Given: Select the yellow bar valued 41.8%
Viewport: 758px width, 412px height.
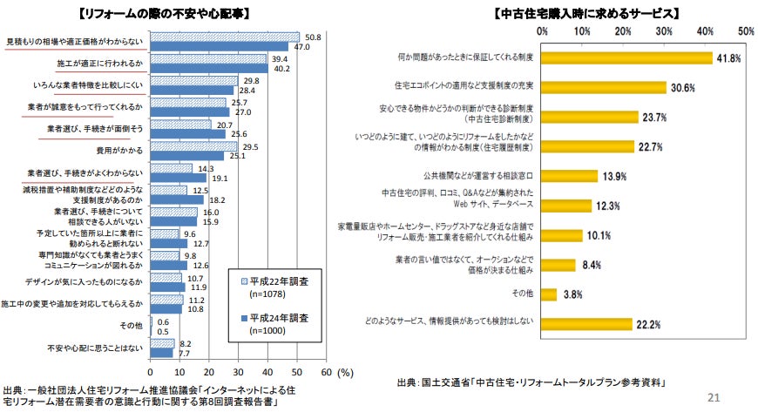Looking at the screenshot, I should tap(627, 57).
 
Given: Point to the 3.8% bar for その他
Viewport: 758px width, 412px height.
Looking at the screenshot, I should tap(549, 294).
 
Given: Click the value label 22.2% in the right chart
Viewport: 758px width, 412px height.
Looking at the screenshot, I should tap(649, 324).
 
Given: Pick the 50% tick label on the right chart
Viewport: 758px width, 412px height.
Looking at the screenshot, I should tap(746, 30).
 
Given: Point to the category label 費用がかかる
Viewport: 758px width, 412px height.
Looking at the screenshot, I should tap(125, 151).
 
